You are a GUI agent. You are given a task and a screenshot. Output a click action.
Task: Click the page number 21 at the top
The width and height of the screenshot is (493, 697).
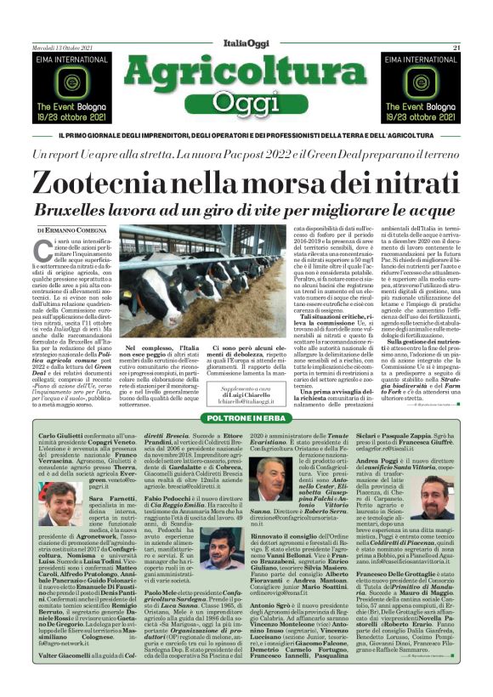point(456,47)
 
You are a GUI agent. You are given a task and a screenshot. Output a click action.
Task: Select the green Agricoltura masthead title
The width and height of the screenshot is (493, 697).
point(246,71)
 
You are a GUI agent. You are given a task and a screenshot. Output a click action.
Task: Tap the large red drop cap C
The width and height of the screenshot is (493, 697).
point(48,249)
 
